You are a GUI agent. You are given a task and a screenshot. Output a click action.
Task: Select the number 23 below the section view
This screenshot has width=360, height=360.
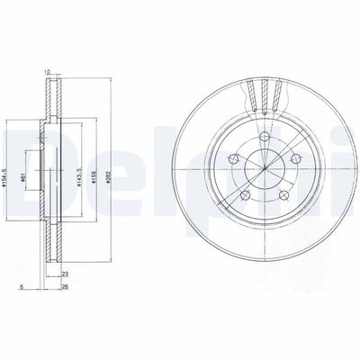(66, 274)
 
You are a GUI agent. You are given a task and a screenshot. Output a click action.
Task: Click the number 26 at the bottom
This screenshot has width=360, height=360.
(66, 289)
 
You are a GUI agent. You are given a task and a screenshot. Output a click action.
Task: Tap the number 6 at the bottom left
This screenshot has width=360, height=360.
(20, 289)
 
